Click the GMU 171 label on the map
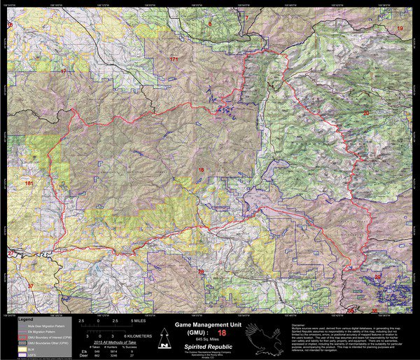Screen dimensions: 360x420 tap(174, 60)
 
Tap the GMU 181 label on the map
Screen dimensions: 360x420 tap(29, 183)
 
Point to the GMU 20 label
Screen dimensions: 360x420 tap(365, 113)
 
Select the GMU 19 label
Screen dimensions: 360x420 tap(400, 27)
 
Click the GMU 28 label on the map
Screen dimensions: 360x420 tap(202, 271)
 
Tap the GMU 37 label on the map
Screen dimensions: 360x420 tap(30, 286)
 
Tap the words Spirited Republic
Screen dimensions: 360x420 tap(209, 346)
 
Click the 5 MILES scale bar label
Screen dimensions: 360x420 tap(141, 320)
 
